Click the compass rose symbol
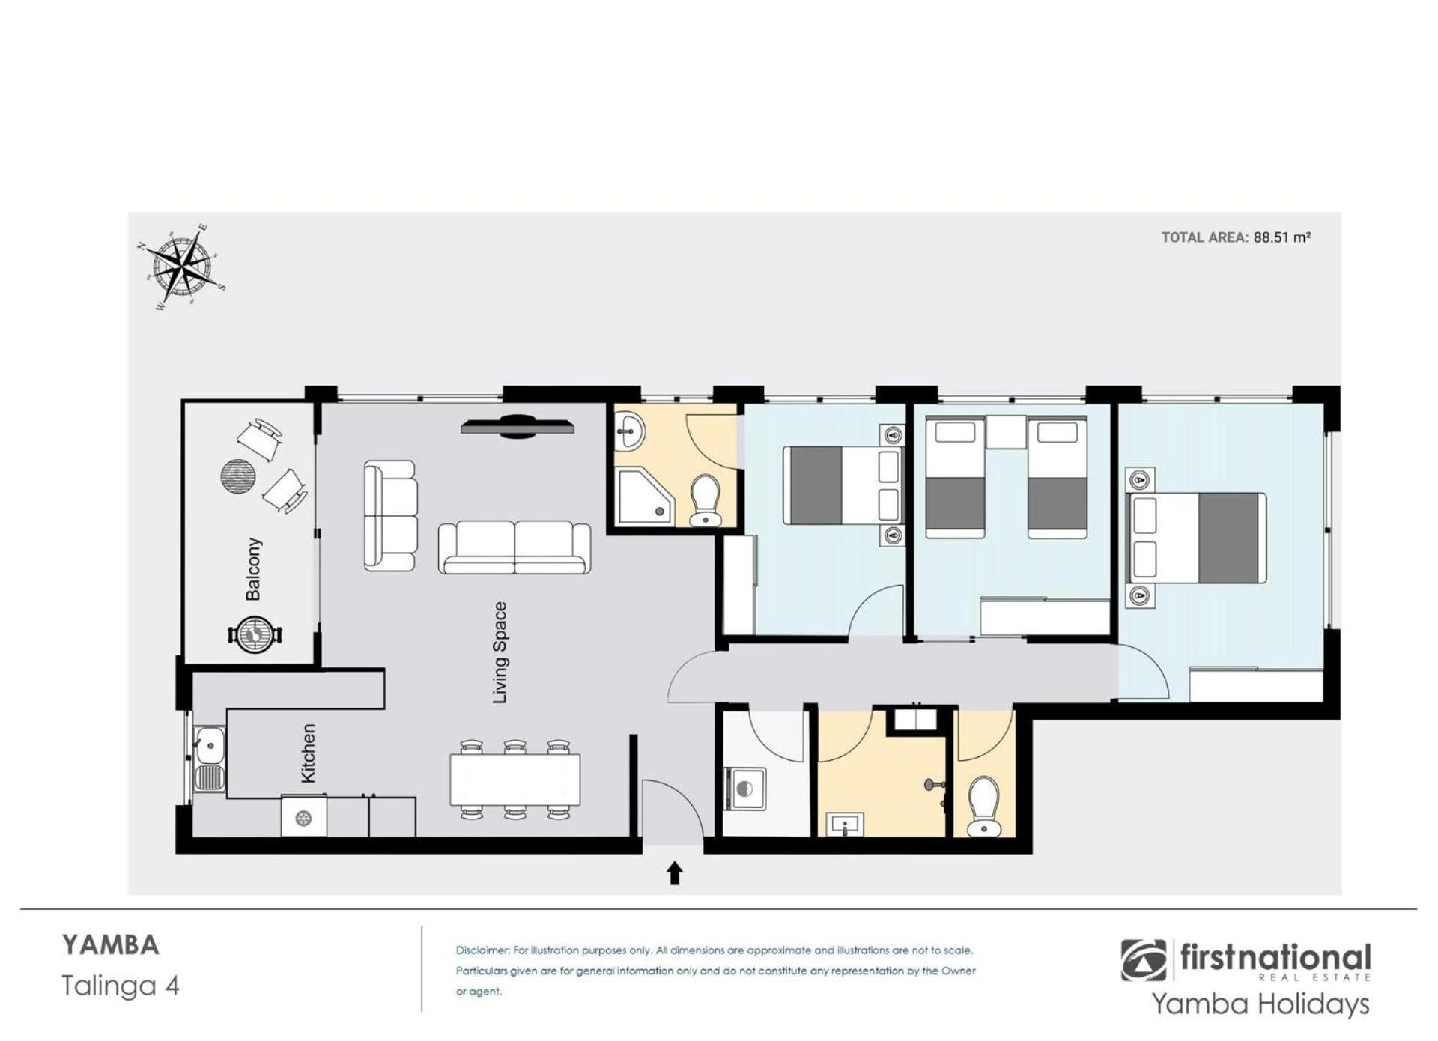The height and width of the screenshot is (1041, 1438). click(181, 267)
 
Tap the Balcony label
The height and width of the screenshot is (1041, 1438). click(254, 569)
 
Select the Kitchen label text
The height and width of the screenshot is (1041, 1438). click(308, 753)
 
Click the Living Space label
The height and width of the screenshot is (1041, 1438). click(500, 653)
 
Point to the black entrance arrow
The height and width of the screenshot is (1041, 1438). click(675, 873)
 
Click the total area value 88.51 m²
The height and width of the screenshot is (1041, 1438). click(1282, 237)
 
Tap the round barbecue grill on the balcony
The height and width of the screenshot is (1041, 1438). click(255, 634)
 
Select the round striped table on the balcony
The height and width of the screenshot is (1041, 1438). click(239, 476)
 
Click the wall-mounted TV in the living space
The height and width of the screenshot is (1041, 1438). click(518, 426)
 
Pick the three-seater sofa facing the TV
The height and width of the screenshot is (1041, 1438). click(515, 548)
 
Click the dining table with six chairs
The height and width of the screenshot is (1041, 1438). click(515, 780)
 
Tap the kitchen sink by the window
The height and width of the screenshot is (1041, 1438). click(209, 759)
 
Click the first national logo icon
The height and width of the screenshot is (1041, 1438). click(1144, 960)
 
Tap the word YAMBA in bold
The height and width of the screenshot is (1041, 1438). click(110, 945)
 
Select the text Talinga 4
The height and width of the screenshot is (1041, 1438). click(121, 986)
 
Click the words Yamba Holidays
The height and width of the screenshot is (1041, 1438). click(1260, 1004)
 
